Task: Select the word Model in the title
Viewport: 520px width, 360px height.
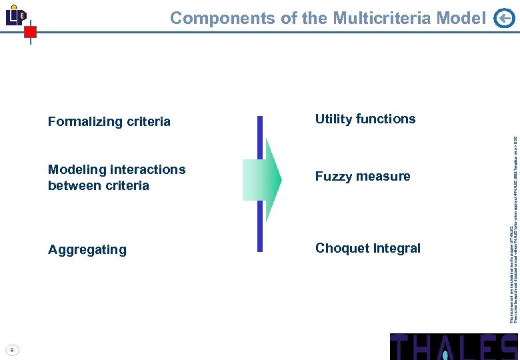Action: point(461,18)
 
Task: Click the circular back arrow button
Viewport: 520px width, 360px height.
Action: point(505,19)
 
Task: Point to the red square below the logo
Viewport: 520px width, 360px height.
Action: point(30,32)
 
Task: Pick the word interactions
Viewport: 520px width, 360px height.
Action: point(147,169)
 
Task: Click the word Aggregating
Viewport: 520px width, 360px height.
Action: point(87,249)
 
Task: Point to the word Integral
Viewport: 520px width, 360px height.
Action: point(397,248)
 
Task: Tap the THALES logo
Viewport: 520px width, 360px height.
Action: point(453,347)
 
